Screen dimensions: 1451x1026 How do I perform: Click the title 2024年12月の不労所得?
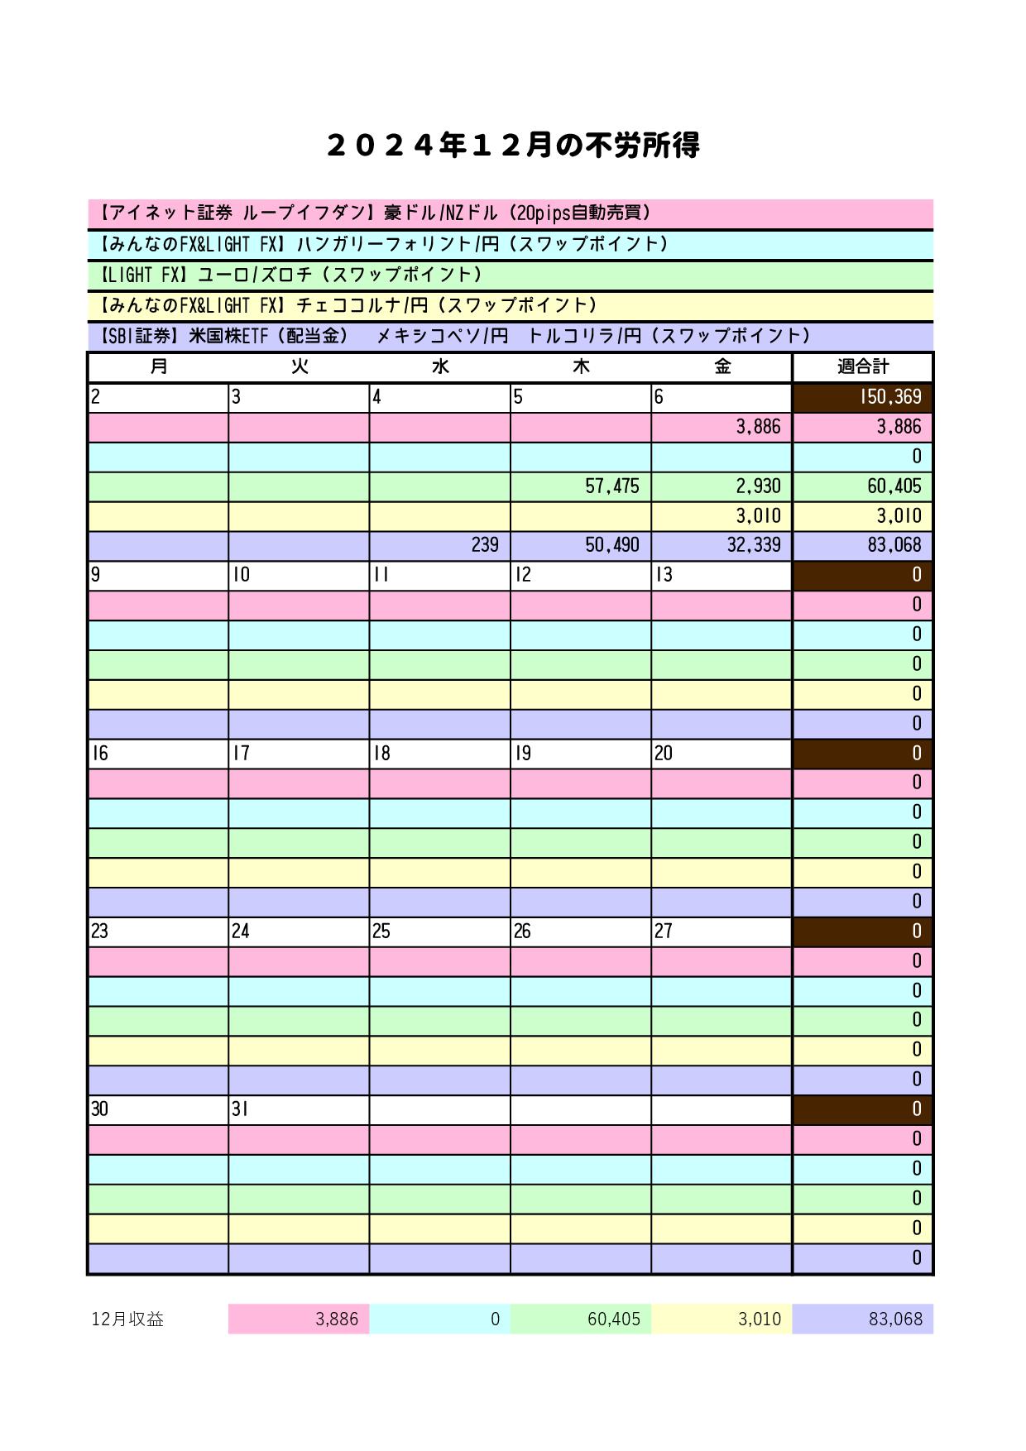point(513,146)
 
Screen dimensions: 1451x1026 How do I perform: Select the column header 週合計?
point(863,366)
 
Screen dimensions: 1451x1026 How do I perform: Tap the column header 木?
point(581,366)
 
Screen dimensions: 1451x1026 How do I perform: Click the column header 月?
point(158,366)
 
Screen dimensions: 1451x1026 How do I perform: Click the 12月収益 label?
point(127,1319)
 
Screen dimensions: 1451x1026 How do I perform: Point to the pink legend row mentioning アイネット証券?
point(510,213)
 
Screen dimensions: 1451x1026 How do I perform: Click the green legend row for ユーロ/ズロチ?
point(510,275)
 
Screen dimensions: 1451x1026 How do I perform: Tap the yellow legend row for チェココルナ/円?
point(510,305)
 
